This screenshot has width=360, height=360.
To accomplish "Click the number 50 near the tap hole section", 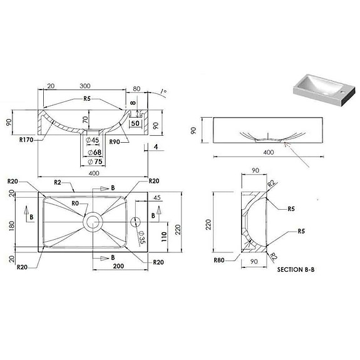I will [135, 124].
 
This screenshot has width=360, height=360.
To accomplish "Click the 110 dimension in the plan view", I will [165, 235].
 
